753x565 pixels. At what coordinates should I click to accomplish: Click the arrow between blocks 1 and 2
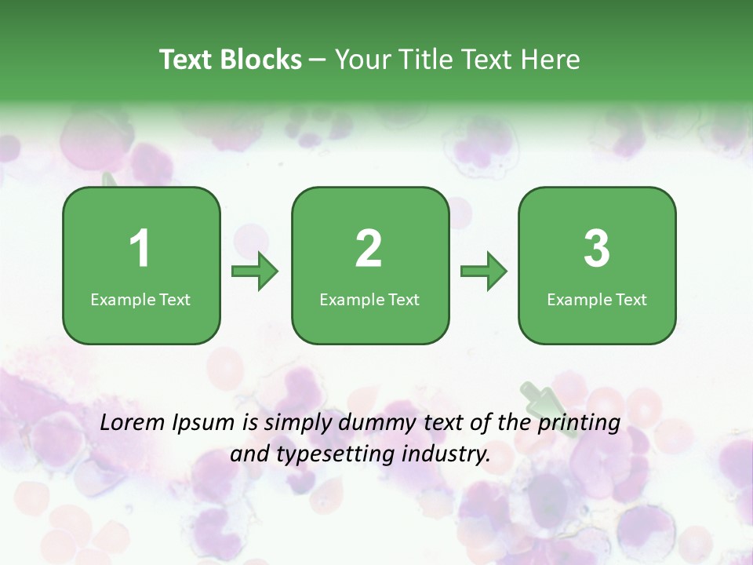pyautogui.click(x=255, y=272)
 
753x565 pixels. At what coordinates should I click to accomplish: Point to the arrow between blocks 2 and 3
pyautogui.click(x=484, y=272)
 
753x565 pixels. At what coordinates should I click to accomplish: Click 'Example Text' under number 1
pyautogui.click(x=140, y=300)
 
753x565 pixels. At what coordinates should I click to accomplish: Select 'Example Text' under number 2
pyautogui.click(x=369, y=300)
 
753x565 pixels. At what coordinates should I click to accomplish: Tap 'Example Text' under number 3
pyautogui.click(x=597, y=300)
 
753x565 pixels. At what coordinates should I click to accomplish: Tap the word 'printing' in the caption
pyautogui.click(x=580, y=424)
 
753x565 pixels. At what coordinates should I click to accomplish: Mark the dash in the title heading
pyautogui.click(x=318, y=60)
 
